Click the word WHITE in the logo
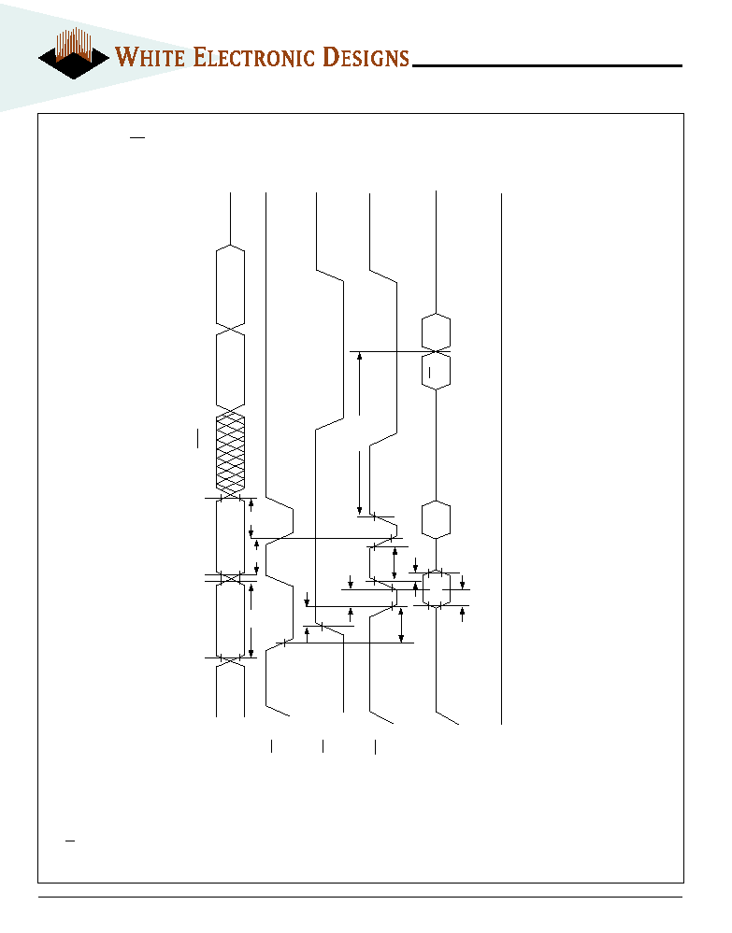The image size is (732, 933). [151, 57]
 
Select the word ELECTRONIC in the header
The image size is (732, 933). [254, 57]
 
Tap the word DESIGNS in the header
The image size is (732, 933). [366, 57]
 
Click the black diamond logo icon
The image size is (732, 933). [74, 58]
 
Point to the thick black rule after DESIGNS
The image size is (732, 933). [547, 65]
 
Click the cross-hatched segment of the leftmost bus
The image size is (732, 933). [230, 453]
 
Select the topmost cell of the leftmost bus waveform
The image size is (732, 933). [230, 286]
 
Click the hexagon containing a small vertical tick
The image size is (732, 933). [436, 371]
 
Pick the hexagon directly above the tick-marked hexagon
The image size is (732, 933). [436, 332]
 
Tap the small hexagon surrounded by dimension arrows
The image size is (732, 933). [436, 588]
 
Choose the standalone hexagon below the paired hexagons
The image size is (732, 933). [436, 519]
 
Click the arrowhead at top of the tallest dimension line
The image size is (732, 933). [360, 356]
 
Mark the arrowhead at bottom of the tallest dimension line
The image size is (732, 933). [360, 511]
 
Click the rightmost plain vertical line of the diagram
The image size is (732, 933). [501, 459]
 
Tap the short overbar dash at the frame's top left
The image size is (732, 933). [137, 137]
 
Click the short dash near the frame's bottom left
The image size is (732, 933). [70, 841]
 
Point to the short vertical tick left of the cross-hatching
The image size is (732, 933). [198, 438]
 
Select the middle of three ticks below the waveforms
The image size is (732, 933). [323, 746]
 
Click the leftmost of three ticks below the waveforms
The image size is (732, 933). [272, 746]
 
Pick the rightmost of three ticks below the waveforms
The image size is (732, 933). [375, 747]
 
